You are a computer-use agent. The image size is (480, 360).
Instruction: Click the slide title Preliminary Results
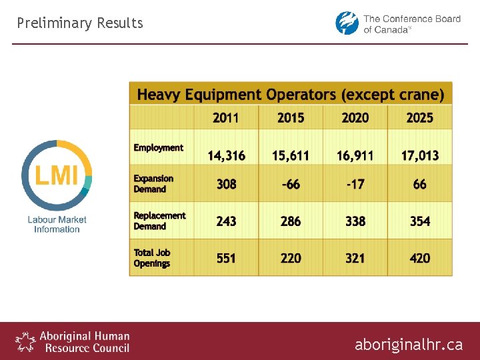pyautogui.click(x=80, y=23)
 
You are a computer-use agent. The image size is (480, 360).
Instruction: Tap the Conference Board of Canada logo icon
pyautogui.click(x=347, y=23)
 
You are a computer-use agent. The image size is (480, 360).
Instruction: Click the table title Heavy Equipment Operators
pyautogui.click(x=290, y=95)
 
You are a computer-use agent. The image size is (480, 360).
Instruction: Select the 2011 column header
pyautogui.click(x=226, y=118)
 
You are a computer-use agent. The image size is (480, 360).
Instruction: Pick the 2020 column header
pyautogui.click(x=355, y=118)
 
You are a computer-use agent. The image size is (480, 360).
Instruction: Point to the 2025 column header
pyautogui.click(x=419, y=118)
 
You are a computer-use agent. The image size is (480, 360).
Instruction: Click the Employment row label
pyautogui.click(x=158, y=148)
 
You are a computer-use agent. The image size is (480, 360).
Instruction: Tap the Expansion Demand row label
pyautogui.click(x=153, y=184)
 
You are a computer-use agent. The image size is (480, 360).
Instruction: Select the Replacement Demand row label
pyautogui.click(x=159, y=221)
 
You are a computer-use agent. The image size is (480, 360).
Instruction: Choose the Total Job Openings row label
pyautogui.click(x=152, y=258)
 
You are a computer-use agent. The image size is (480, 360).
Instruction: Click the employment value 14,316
pyautogui.click(x=226, y=156)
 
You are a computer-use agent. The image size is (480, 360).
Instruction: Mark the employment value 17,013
pyautogui.click(x=419, y=156)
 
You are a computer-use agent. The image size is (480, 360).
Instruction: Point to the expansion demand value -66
pyautogui.click(x=291, y=184)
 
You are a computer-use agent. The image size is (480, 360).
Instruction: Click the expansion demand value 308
pyautogui.click(x=226, y=184)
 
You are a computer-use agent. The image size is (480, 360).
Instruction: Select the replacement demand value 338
pyautogui.click(x=355, y=221)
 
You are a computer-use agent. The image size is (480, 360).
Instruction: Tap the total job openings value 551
pyautogui.click(x=226, y=258)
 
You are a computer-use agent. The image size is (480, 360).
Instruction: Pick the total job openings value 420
pyautogui.click(x=419, y=258)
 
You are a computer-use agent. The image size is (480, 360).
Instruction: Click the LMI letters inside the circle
pyautogui.click(x=57, y=175)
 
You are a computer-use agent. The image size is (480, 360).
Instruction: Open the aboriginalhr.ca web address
pyautogui.click(x=408, y=345)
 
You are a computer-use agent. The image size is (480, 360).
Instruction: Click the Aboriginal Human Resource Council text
pyautogui.click(x=84, y=342)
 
